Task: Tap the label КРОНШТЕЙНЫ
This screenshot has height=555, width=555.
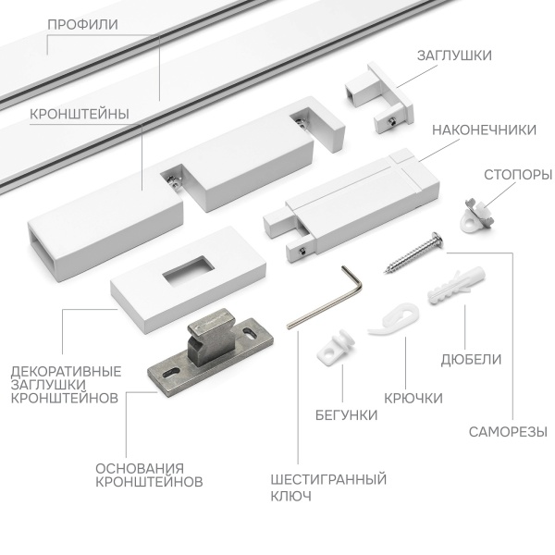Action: (79, 114)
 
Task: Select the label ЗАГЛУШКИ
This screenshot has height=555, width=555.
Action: (452, 55)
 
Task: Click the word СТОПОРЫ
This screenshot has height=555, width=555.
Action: (518, 174)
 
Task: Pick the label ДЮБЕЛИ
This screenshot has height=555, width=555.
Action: (472, 359)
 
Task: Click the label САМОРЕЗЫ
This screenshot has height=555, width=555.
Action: (507, 431)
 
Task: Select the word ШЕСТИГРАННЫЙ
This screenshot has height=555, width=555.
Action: (328, 479)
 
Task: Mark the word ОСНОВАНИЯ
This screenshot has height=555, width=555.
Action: (140, 467)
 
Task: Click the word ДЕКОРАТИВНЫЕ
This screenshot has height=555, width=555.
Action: (66, 372)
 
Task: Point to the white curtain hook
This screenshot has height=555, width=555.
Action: (389, 317)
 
